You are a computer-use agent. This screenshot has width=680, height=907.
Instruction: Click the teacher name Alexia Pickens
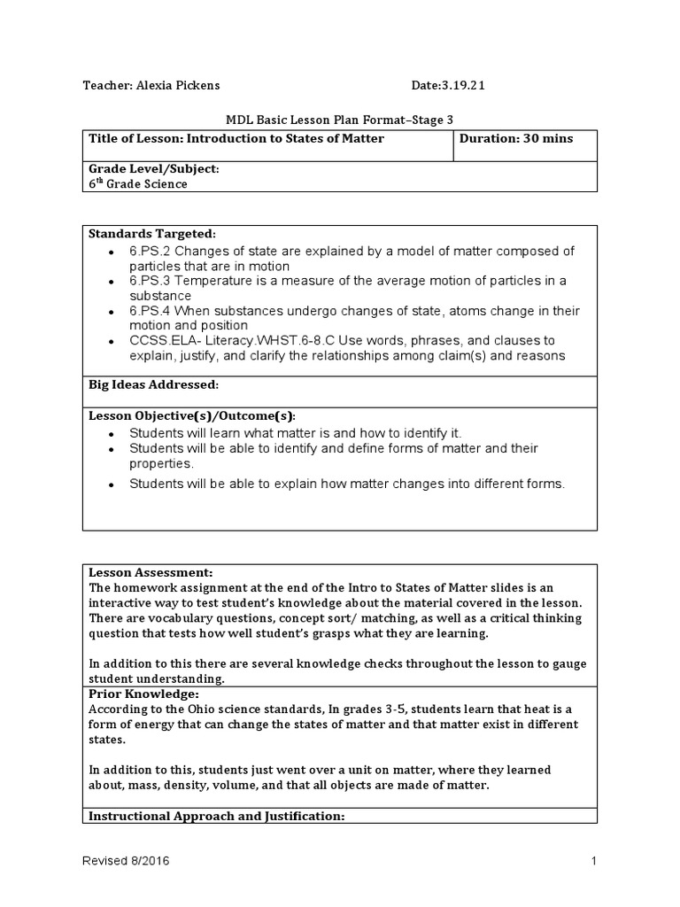tap(177, 86)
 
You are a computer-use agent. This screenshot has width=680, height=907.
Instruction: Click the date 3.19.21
tap(460, 86)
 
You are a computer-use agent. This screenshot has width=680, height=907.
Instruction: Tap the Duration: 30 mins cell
tap(516, 138)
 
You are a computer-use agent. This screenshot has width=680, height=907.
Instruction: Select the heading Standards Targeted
tap(151, 234)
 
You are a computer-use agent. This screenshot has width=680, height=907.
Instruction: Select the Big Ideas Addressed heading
tap(153, 385)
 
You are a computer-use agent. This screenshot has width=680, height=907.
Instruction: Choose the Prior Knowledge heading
tap(143, 694)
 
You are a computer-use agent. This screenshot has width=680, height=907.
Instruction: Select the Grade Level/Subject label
tap(153, 169)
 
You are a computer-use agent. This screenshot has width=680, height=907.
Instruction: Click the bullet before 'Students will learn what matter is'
tap(111, 434)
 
